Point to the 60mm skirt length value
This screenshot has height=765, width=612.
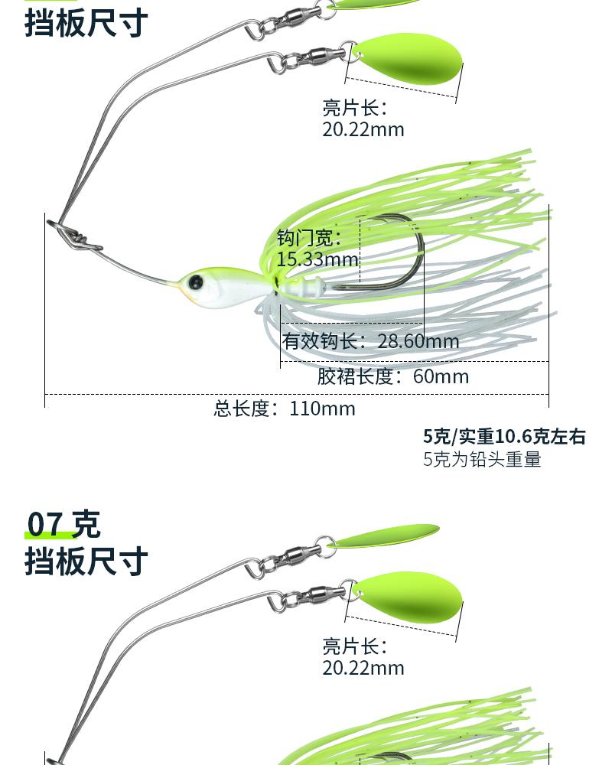click(441, 376)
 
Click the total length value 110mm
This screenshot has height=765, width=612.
click(322, 409)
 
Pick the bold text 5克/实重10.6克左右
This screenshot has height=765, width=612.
click(504, 437)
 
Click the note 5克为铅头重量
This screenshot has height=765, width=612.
click(482, 460)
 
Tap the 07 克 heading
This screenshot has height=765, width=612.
click(63, 525)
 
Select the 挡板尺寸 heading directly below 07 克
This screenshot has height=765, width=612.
click(86, 561)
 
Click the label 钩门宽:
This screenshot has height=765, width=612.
click(309, 238)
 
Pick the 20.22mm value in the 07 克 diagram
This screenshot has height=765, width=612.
click(363, 668)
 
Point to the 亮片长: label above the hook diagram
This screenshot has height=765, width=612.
click(355, 108)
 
